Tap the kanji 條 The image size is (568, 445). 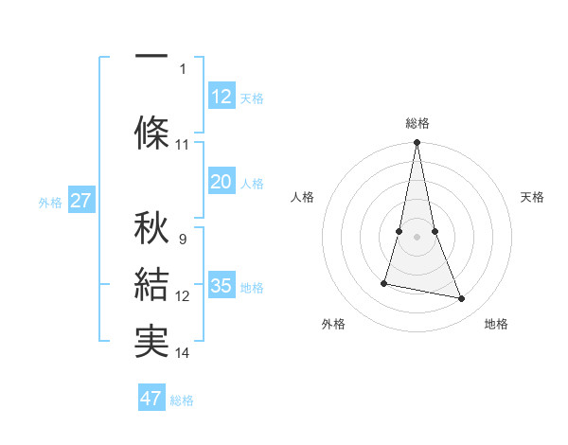pos(151,131)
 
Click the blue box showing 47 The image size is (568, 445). pos(151,399)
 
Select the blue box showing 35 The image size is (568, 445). pos(222,286)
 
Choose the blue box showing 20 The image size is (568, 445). pos(222,182)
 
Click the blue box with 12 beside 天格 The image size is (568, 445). pos(222,97)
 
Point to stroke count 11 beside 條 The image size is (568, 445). pos(183,145)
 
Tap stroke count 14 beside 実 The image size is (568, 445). pos(183,353)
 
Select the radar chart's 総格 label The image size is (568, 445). pos(417,123)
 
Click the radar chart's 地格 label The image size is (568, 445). pos(496,324)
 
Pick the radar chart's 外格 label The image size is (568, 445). pos(333,324)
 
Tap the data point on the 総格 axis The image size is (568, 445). pos(417,142)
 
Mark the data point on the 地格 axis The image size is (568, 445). pos(462,298)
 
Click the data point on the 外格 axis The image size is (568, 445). pos(384,282)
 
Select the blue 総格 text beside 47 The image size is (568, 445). pos(182,400)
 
